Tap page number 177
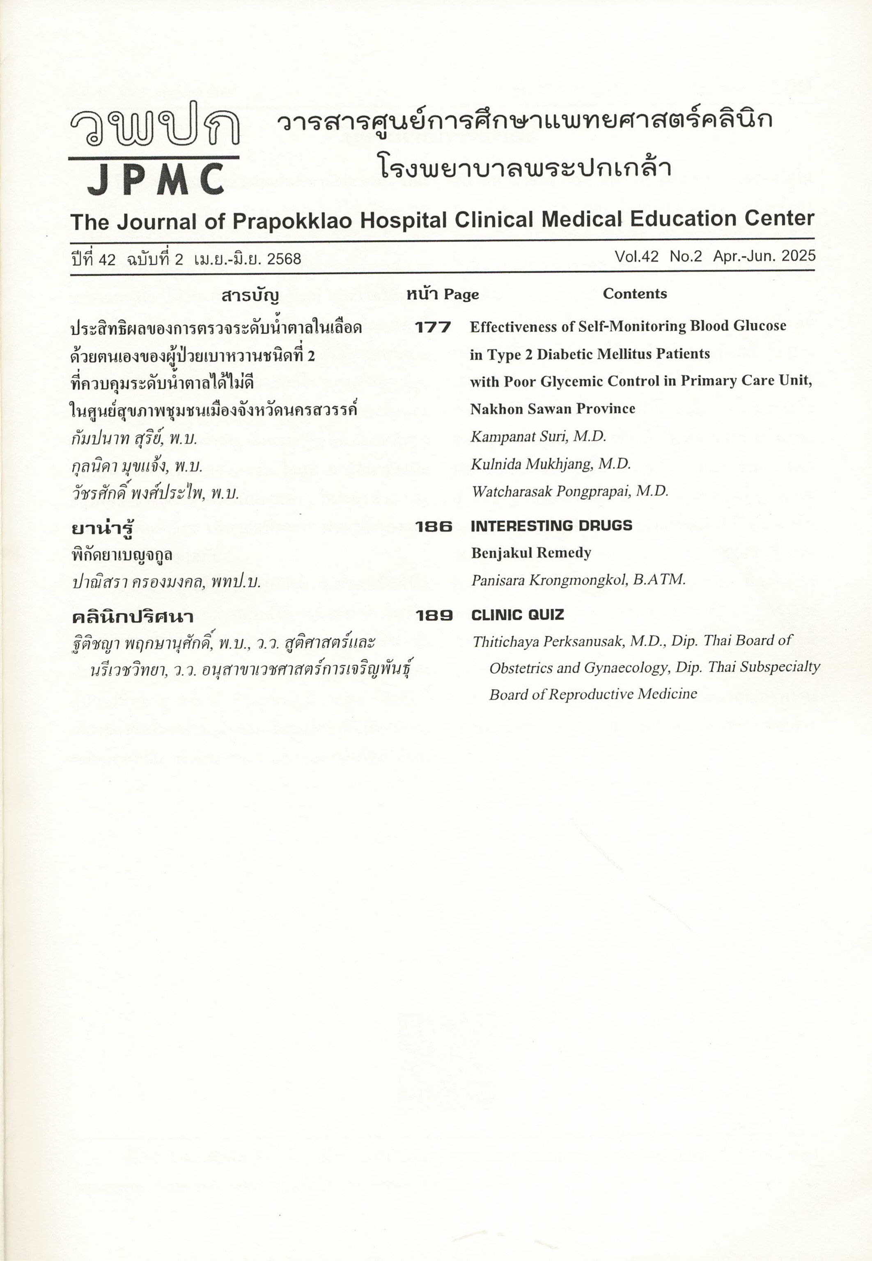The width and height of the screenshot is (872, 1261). [x=433, y=327]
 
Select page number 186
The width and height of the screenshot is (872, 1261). [x=433, y=526]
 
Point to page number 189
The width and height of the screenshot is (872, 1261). [x=434, y=615]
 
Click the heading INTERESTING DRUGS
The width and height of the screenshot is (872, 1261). [x=551, y=526]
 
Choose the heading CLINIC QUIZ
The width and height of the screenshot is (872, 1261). [x=517, y=615]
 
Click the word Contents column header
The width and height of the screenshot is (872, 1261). [x=634, y=294]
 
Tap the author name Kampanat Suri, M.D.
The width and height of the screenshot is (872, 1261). [x=538, y=436]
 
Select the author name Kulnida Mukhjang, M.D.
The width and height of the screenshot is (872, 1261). [x=551, y=464]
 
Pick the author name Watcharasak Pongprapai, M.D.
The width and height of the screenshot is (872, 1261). [x=570, y=491]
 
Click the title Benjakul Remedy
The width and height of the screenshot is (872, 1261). [x=531, y=552]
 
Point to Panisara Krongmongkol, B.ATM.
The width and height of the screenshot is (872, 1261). [x=578, y=580]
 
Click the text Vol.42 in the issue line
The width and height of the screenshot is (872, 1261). [x=636, y=256]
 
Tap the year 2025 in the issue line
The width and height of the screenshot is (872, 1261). [x=798, y=256]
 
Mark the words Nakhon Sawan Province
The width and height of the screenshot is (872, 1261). [x=552, y=409]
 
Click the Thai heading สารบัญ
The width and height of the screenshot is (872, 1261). [x=250, y=296]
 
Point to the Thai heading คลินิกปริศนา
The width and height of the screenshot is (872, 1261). [x=132, y=617]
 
